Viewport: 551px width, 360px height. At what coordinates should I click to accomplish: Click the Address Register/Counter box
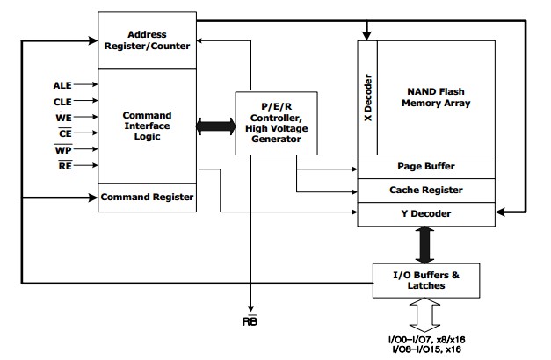146,40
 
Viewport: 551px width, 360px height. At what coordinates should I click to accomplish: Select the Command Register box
146,198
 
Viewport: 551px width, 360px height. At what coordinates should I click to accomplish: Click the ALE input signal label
62,85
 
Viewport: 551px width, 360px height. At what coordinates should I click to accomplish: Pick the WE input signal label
63,117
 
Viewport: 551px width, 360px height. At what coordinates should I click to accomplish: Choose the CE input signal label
63,133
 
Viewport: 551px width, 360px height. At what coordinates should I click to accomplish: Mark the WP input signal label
63,148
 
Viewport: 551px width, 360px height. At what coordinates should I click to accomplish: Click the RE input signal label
63,164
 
